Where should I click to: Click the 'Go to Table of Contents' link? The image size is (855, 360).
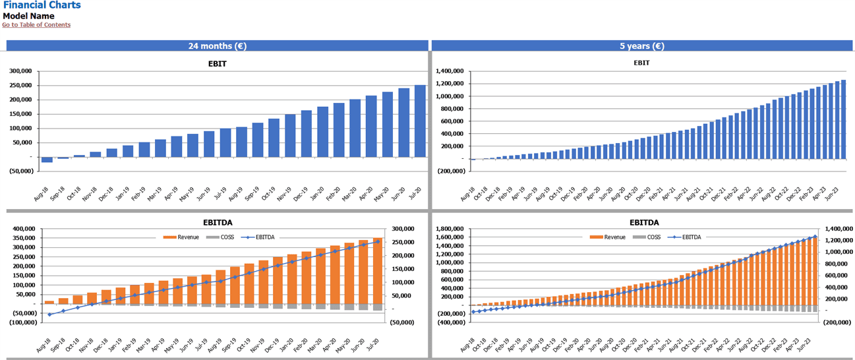pos(36,25)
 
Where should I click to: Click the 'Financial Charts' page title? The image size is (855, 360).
pos(42,5)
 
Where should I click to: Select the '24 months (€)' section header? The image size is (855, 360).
pos(218,46)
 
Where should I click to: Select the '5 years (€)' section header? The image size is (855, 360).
pos(641,46)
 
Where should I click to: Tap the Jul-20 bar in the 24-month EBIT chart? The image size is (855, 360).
pos(420,121)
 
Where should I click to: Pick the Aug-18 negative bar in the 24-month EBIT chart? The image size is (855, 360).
pos(47,160)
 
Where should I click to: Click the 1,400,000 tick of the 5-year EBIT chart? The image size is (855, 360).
pos(449,71)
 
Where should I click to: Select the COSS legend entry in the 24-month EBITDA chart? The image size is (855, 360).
pos(227,237)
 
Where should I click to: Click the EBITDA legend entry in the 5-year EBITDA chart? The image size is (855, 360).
pos(692,237)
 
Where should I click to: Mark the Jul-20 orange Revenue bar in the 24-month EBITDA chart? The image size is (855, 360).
pos(378,271)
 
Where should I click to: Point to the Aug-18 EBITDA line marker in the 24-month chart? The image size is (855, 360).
pos(49,315)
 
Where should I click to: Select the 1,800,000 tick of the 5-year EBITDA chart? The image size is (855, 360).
pos(449,229)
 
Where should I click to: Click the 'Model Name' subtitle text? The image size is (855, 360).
pos(28,16)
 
